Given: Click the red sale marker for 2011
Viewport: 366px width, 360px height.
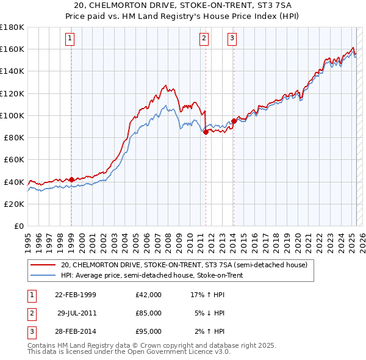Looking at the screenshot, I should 206,132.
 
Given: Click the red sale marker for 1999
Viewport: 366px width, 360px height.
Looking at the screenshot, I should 71,179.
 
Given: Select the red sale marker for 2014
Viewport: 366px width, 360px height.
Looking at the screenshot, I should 234,121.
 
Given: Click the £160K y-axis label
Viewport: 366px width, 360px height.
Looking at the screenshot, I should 12,49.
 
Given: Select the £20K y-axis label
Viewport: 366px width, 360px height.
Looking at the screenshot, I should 14,204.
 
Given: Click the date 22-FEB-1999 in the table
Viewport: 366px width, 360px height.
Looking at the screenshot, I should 76,295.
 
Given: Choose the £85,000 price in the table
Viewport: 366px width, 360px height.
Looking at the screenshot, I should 149,313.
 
